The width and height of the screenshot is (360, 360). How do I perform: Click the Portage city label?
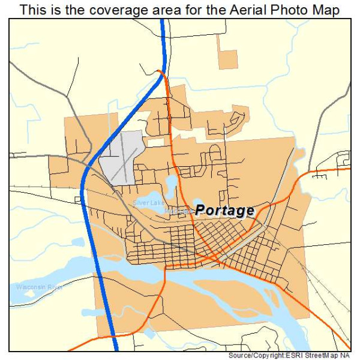click(224, 211)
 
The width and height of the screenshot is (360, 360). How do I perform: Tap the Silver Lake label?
click(149, 203)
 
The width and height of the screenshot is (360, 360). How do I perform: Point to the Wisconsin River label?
click(40, 287)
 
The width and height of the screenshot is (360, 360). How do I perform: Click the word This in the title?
click(31, 10)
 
